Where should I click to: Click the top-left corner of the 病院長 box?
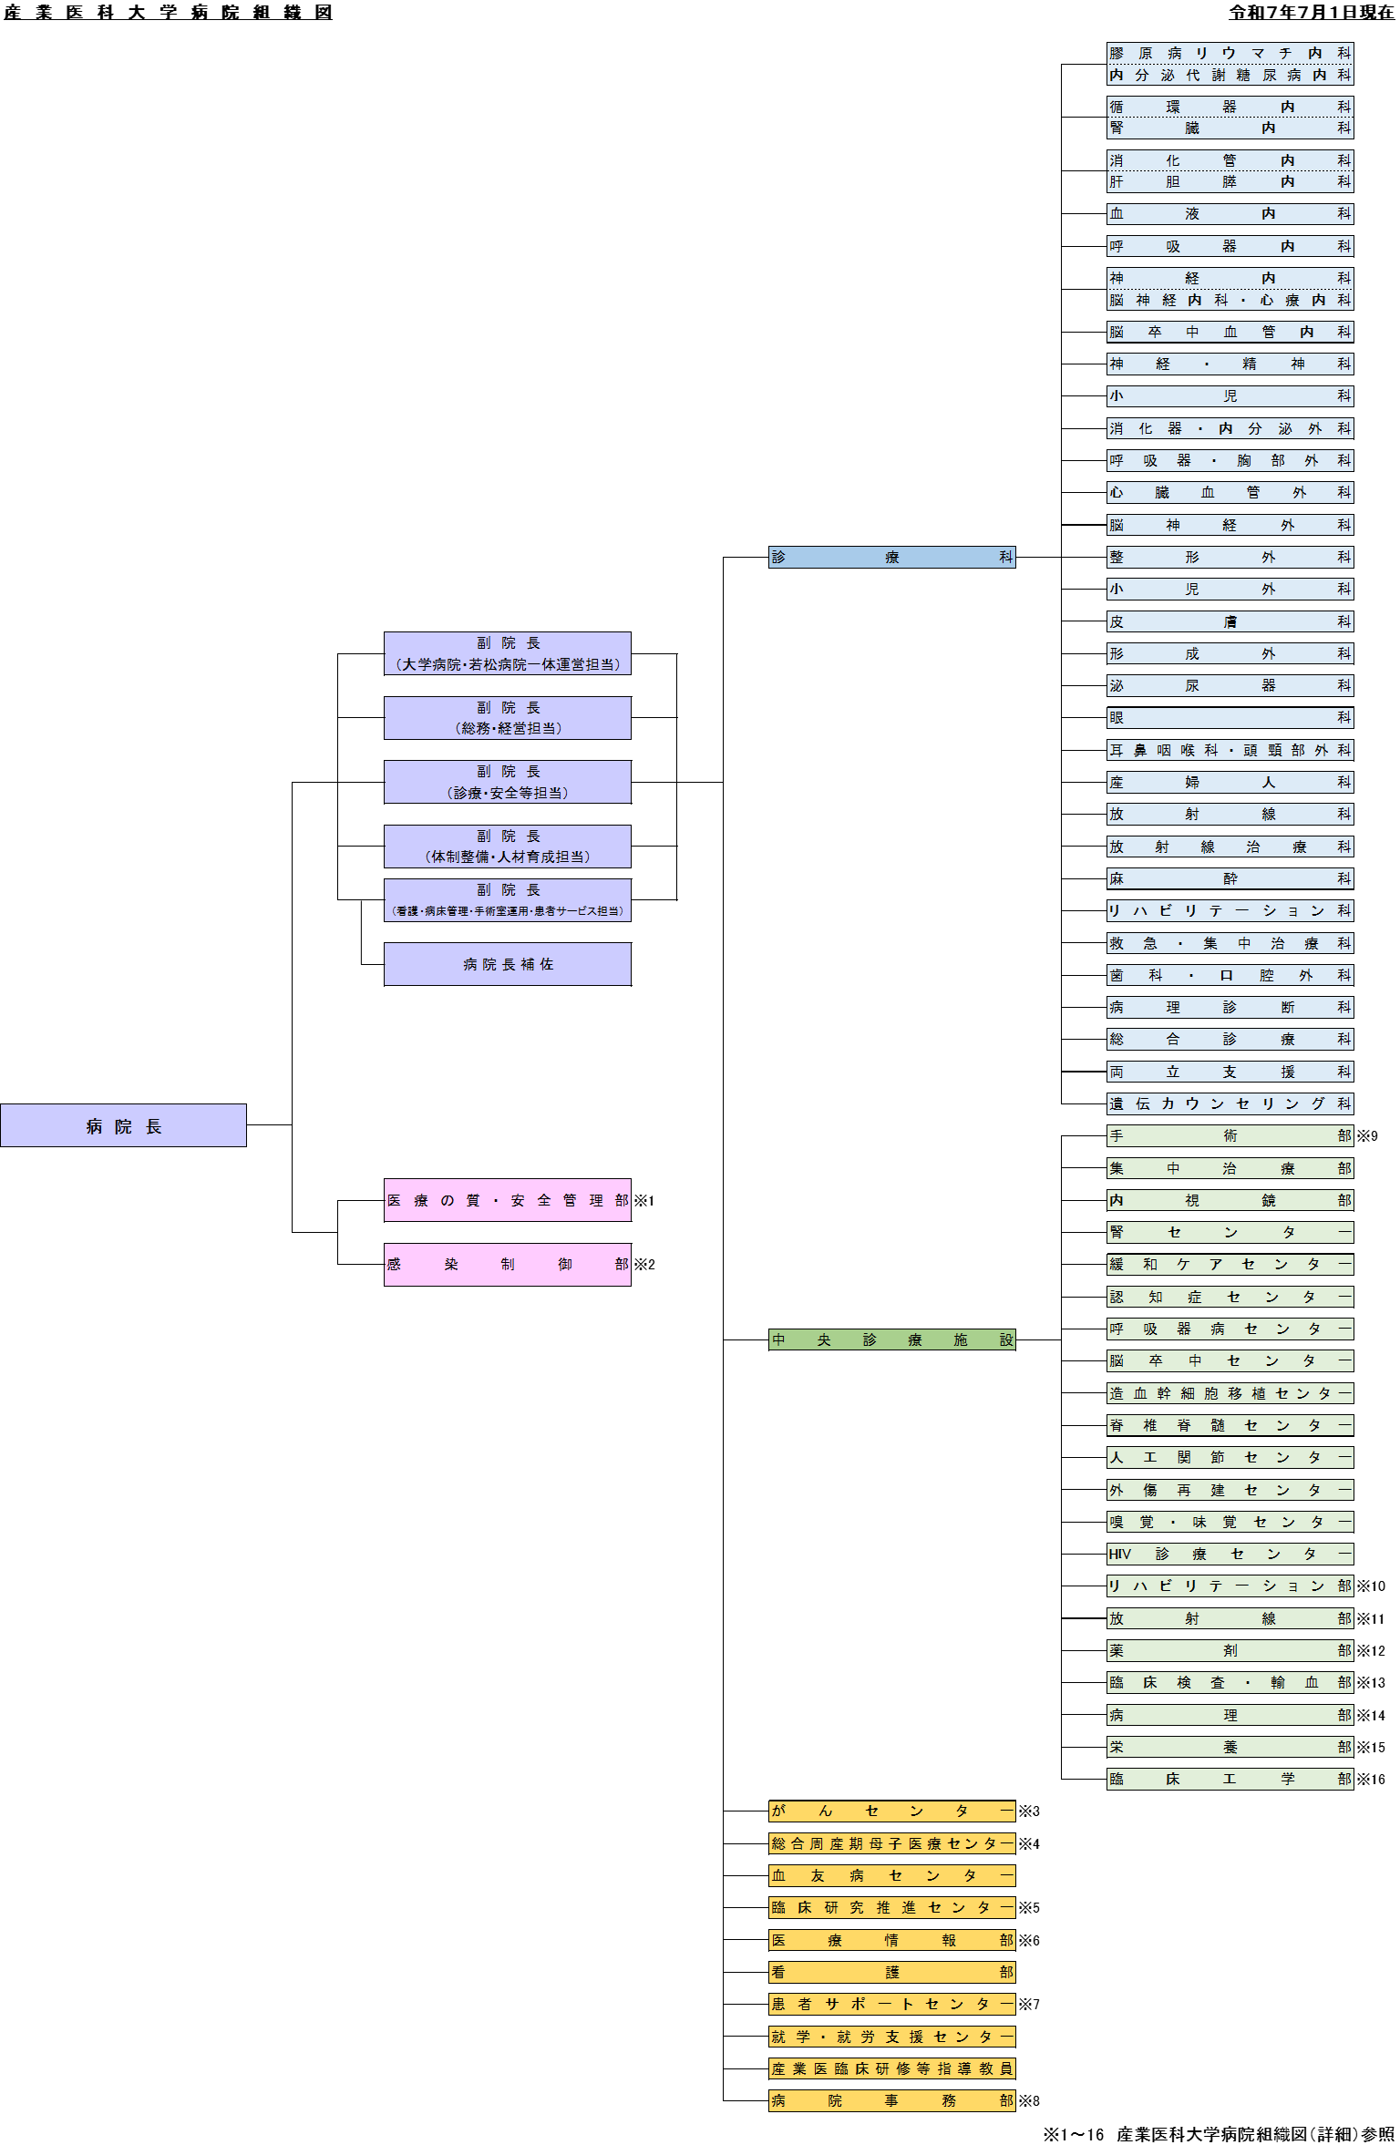click(x=1, y=1104)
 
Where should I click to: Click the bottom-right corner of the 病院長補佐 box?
click(x=631, y=986)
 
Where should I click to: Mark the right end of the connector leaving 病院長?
click(x=292, y=1125)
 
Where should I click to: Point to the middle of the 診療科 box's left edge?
click(x=769, y=557)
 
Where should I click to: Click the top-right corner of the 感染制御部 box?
click(x=631, y=1244)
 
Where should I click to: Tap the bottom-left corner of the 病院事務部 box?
click(x=769, y=2111)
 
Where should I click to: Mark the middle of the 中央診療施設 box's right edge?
click(x=1015, y=1340)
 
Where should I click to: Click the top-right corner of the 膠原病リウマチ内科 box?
click(x=1354, y=43)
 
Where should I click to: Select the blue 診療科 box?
click(x=892, y=557)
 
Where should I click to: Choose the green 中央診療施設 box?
click(x=892, y=1340)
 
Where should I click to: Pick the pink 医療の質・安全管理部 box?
click(x=508, y=1201)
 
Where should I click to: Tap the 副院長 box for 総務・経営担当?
click(x=508, y=718)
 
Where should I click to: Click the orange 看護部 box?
click(x=892, y=1972)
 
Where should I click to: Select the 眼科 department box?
click(x=1230, y=718)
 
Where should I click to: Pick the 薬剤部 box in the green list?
click(x=1230, y=1650)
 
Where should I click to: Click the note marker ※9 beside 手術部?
click(x=1367, y=1136)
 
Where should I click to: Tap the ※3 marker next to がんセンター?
click(x=1029, y=1811)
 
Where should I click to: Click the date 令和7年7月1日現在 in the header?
click(x=1312, y=12)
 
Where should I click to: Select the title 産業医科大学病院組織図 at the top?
click(x=168, y=12)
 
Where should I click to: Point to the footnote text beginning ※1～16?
click(x=1219, y=2135)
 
